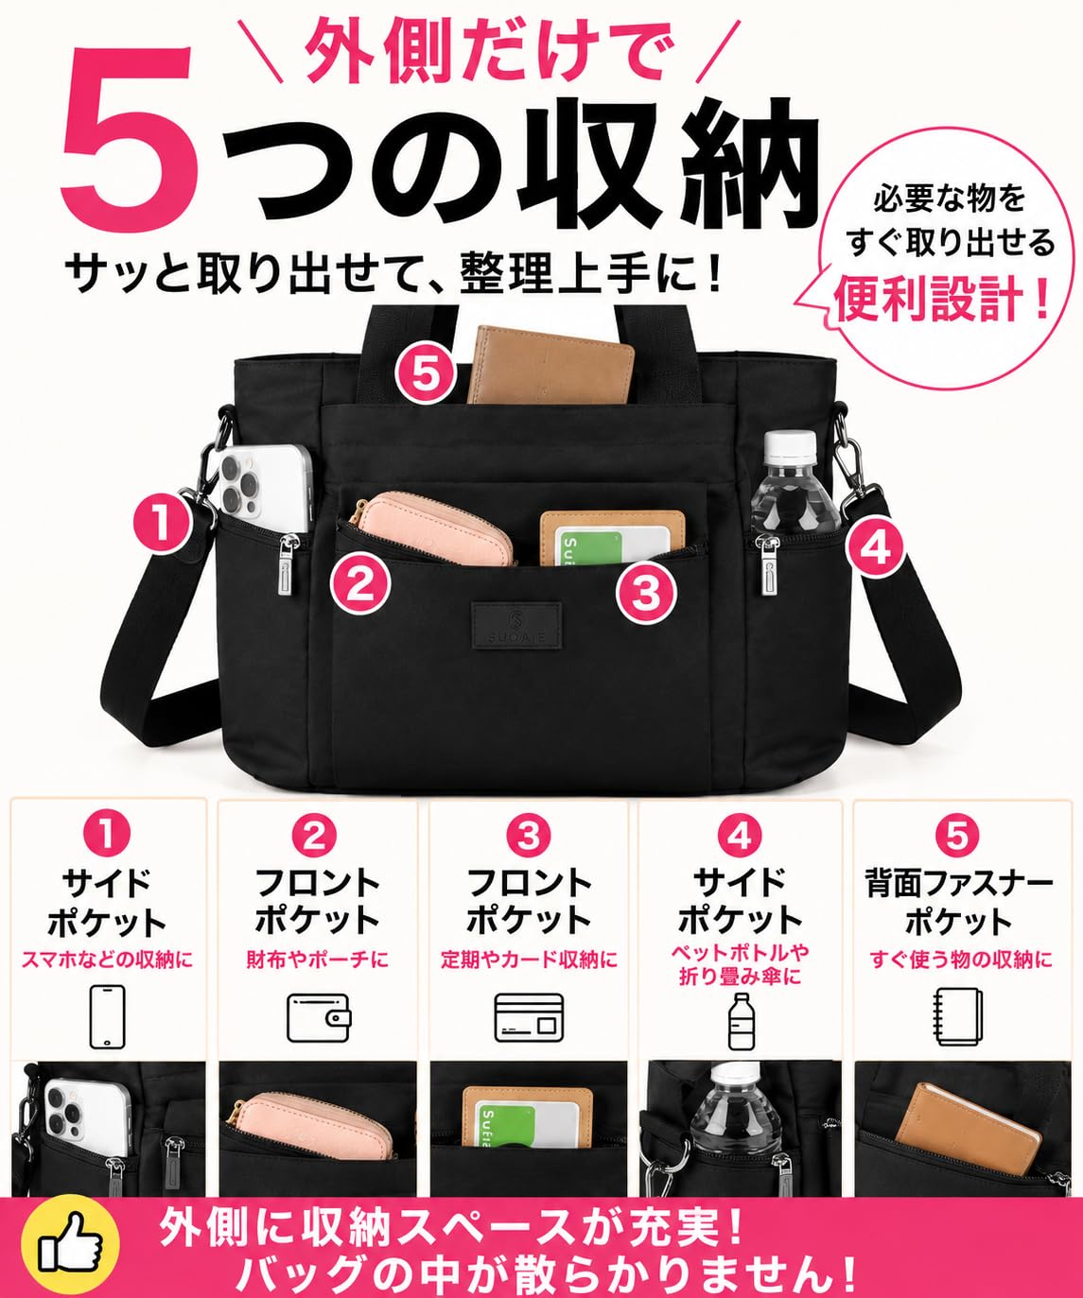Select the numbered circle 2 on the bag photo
(360, 585)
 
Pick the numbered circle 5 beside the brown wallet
(427, 375)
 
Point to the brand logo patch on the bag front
(516, 625)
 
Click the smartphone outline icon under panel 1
(107, 1016)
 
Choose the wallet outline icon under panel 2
(319, 1017)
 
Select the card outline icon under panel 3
(529, 1017)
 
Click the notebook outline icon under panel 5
(958, 1017)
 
